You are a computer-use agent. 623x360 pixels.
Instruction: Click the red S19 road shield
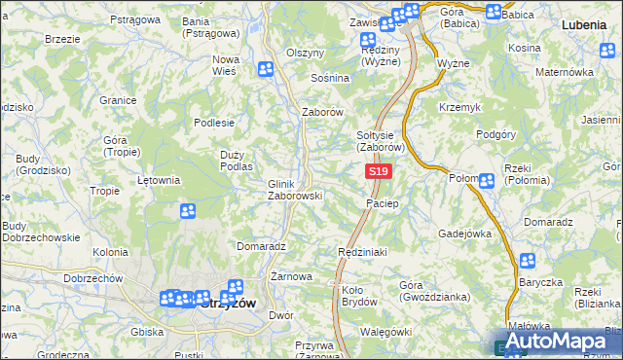point(379,171)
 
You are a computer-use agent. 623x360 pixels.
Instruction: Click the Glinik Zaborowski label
point(295,189)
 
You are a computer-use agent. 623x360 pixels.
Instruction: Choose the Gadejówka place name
point(465,234)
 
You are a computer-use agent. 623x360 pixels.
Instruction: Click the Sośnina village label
point(329,77)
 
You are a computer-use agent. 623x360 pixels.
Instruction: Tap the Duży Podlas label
point(237,161)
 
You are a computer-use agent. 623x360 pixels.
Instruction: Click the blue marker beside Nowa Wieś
point(266,69)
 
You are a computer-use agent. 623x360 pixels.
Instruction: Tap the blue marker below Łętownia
point(188,210)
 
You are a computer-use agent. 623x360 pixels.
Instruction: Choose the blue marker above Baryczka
point(527,261)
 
